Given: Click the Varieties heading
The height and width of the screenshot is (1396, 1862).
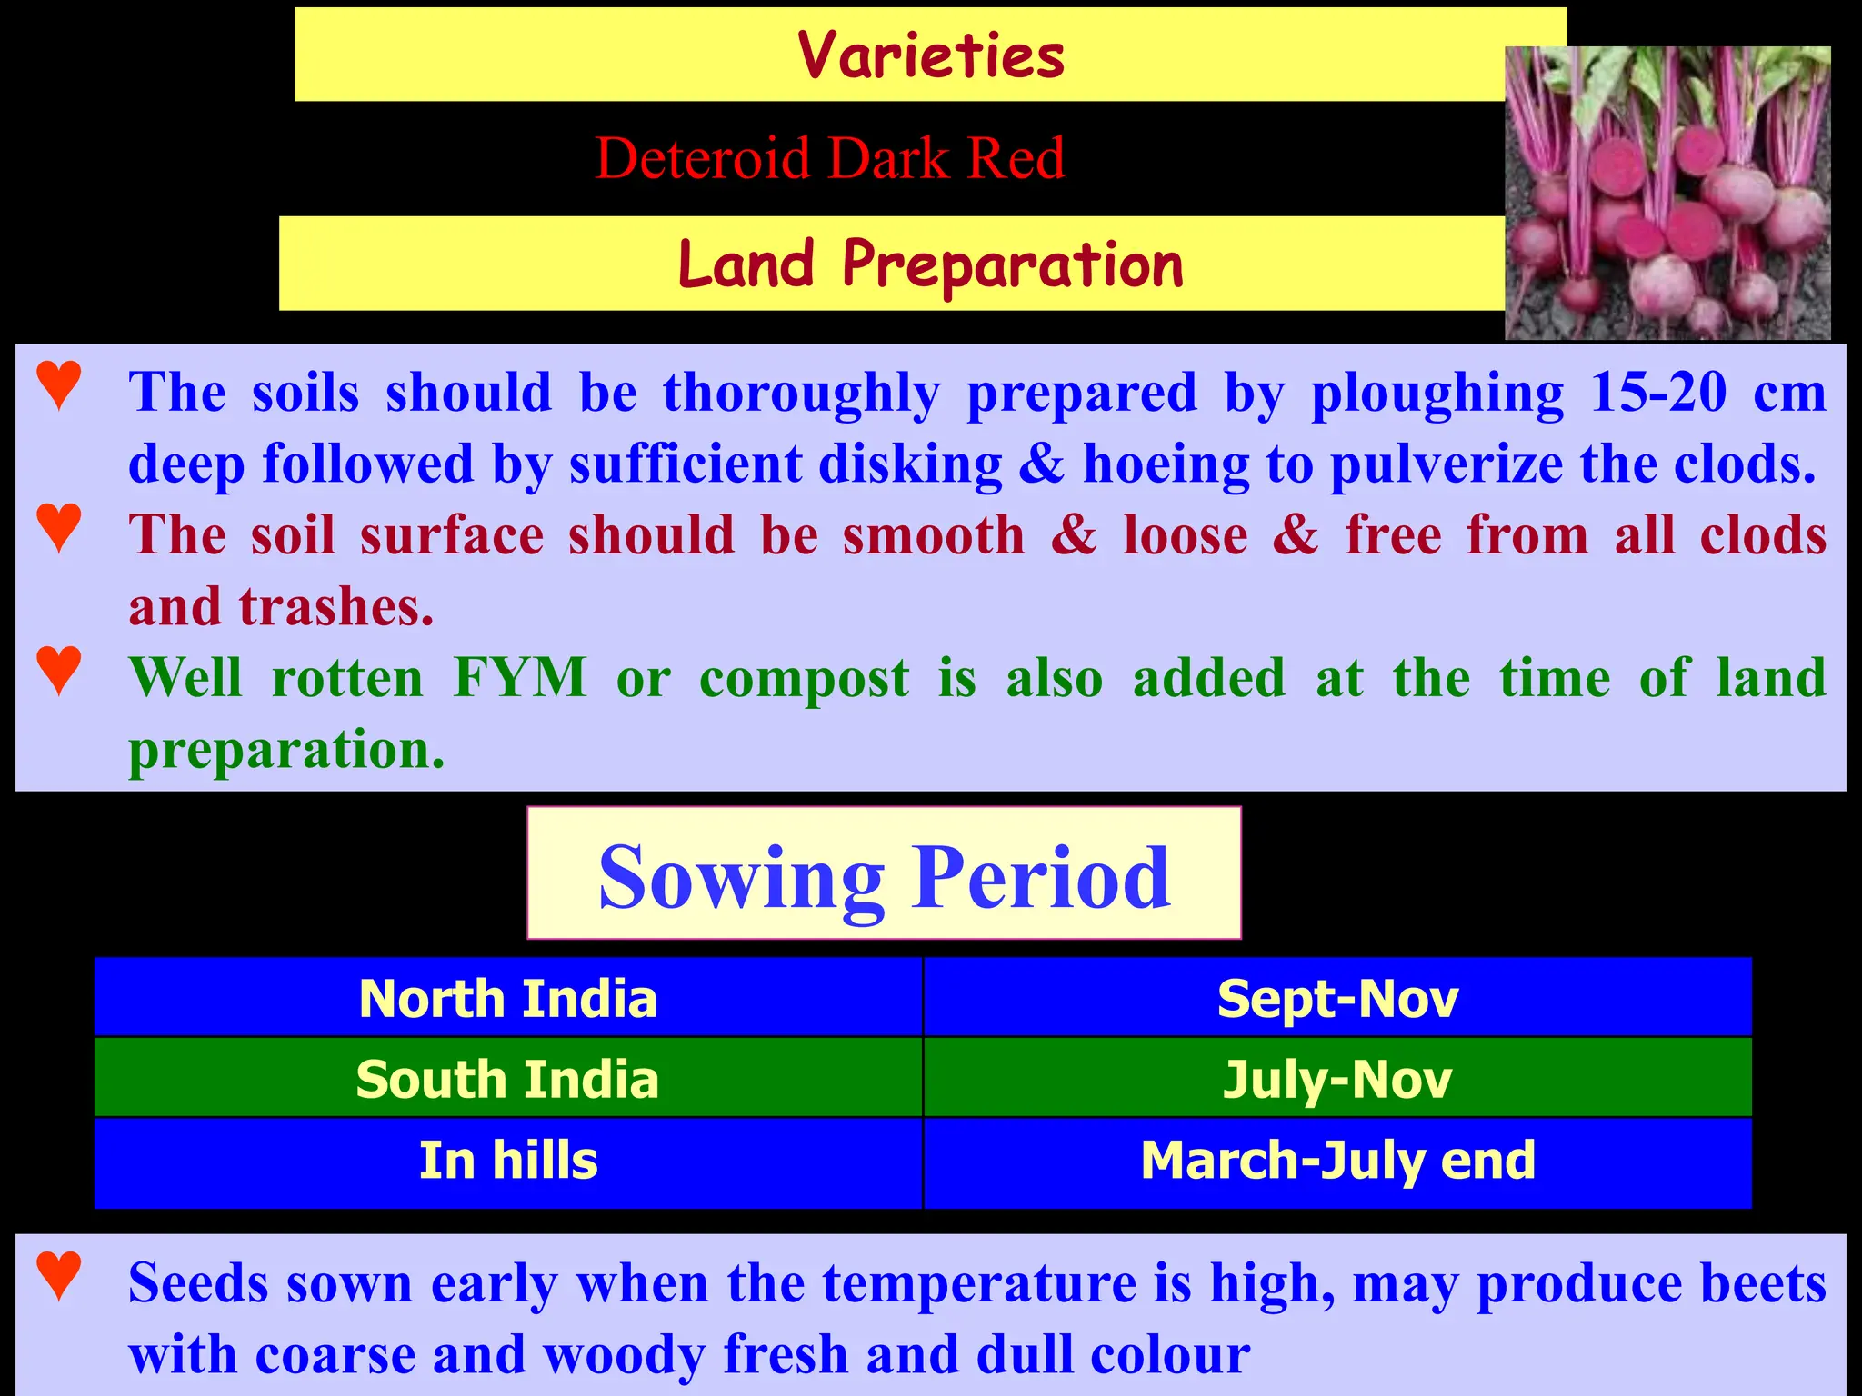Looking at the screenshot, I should (x=930, y=55).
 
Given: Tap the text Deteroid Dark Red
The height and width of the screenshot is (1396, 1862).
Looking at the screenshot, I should (x=829, y=158).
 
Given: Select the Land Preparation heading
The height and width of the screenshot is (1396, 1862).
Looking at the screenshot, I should (x=930, y=264).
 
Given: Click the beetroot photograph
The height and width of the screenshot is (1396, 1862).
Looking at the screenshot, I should (x=1667, y=194).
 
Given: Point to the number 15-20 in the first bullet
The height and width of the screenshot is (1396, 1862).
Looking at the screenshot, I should (x=1657, y=393).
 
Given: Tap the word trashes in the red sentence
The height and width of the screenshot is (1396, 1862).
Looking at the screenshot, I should (x=336, y=607).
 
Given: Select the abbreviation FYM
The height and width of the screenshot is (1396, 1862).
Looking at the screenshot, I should (x=520, y=678).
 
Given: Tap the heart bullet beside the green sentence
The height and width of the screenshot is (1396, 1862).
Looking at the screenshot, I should (x=60, y=670).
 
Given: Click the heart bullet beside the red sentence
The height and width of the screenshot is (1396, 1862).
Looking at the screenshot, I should (x=60, y=526).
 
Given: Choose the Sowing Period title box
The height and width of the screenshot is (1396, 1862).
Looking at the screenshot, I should (x=884, y=873).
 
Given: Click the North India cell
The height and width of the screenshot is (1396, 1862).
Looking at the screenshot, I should (x=508, y=998).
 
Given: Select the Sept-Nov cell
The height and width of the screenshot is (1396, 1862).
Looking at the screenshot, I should (x=1337, y=998).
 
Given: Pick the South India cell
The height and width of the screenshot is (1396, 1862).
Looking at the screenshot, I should (x=508, y=1078).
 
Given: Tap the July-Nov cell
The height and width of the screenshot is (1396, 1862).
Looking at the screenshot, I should (x=1337, y=1078).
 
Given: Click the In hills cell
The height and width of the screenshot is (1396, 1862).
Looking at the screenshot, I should (x=508, y=1161).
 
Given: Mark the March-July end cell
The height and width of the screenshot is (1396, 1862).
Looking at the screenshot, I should (x=1337, y=1161).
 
